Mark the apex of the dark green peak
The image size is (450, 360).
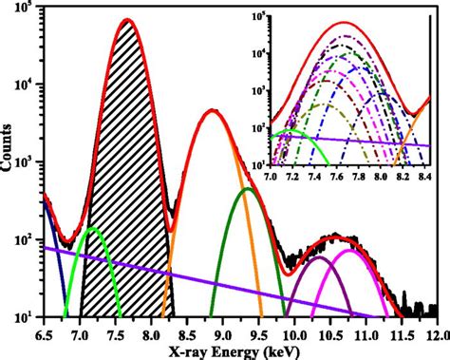point(248,189)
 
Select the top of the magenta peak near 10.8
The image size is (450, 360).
point(352,251)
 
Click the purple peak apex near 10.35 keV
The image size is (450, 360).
point(320,257)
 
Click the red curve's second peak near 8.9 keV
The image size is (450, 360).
point(213,110)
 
